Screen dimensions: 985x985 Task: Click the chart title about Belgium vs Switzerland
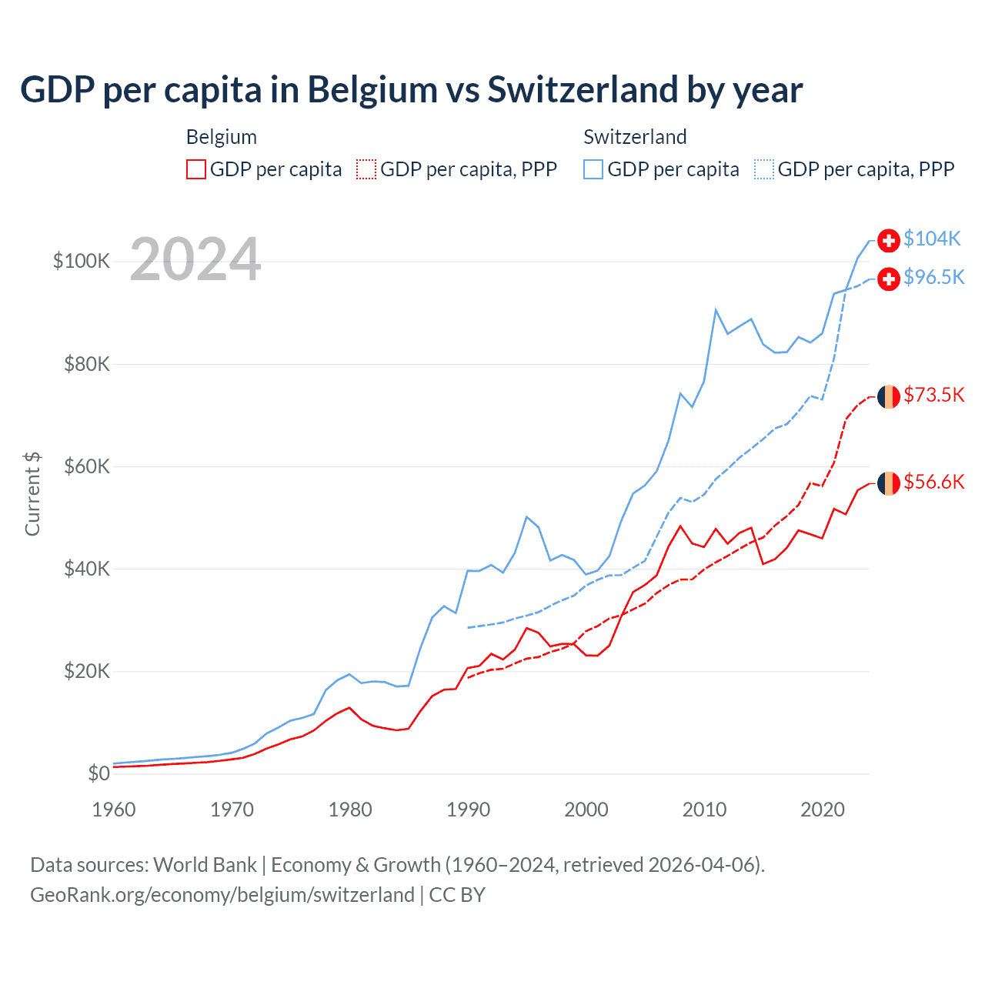411,90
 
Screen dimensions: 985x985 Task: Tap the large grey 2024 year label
195,259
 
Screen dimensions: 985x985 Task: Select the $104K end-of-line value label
932,239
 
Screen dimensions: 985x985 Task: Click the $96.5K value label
933,277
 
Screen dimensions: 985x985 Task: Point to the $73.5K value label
933,395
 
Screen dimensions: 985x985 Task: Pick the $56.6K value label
933,482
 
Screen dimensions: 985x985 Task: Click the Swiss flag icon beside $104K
889,240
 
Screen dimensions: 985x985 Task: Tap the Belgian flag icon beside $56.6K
889,483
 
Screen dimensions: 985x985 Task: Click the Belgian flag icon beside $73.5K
889,396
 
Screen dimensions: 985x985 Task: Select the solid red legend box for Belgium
196,169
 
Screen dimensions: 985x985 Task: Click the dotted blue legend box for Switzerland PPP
764,169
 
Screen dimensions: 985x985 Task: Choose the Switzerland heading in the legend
635,137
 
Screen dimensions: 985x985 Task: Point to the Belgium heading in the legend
222,137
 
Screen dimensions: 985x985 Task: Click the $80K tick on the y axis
88,363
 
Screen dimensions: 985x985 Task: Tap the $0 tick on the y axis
98,773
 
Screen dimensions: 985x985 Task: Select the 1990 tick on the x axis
468,810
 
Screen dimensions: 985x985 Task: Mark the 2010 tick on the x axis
704,810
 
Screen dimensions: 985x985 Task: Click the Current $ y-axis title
32,493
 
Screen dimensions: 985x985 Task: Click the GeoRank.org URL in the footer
222,895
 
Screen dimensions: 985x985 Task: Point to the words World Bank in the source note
205,865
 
